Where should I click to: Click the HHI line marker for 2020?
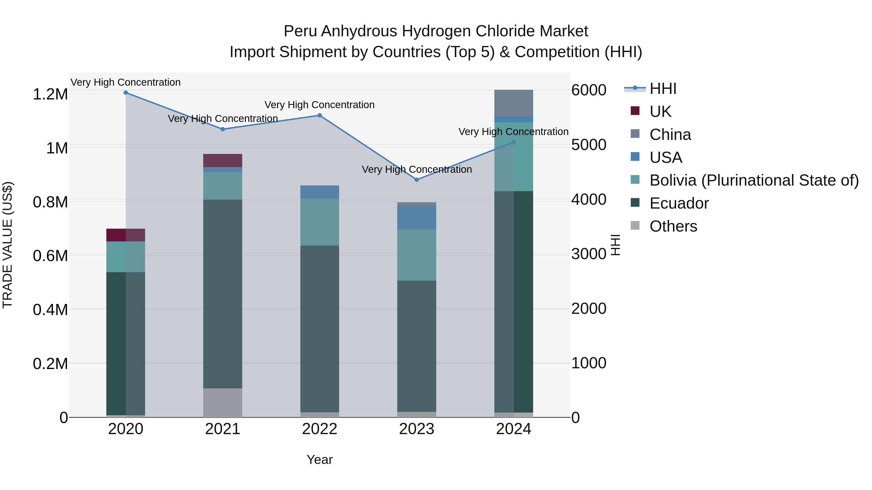click(125, 93)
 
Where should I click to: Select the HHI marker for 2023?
click(417, 180)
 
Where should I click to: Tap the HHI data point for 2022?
click(319, 115)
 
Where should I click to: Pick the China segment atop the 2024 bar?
click(514, 103)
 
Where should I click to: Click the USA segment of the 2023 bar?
click(416, 218)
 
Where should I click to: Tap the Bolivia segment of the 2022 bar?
click(319, 222)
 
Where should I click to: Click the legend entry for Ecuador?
click(679, 203)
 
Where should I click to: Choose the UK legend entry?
click(660, 112)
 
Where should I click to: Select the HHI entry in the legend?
click(663, 89)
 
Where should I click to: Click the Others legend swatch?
click(635, 226)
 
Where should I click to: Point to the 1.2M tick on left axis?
click(50, 94)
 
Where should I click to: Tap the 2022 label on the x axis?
click(319, 429)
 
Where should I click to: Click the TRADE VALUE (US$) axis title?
click(8, 245)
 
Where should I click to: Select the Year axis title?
click(319, 460)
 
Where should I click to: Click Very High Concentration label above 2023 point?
click(417, 169)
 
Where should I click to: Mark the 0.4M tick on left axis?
click(50, 310)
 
